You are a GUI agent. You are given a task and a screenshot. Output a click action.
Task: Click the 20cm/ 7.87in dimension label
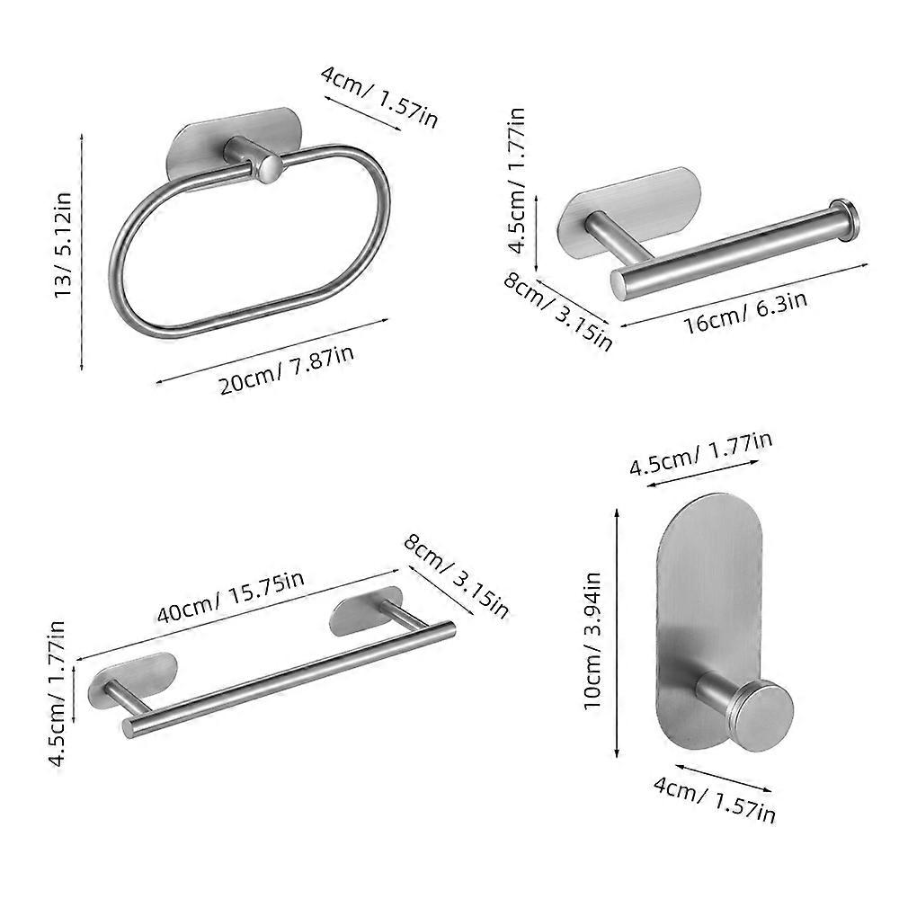click(286, 368)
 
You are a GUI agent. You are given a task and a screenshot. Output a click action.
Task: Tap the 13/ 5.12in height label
click(63, 245)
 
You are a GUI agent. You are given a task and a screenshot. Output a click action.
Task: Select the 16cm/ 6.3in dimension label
click(746, 312)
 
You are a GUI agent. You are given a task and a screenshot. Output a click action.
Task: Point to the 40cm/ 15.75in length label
click(230, 597)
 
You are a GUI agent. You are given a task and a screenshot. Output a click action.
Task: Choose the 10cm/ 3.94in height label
click(592, 641)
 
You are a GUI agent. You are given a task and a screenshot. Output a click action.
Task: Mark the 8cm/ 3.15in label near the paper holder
click(558, 310)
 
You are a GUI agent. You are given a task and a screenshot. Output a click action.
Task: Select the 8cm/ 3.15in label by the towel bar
click(456, 576)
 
